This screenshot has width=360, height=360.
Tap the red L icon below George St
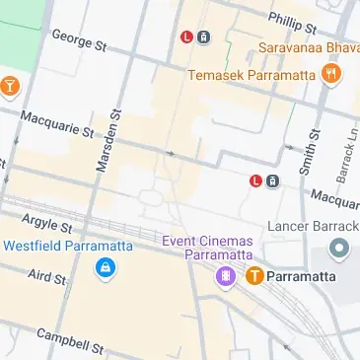click(x=185, y=38)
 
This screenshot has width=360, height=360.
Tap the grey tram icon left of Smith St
click(x=272, y=180)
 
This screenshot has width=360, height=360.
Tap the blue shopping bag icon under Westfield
click(x=103, y=268)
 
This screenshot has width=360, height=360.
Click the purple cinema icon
click(x=227, y=275)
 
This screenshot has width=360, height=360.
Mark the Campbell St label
click(x=70, y=341)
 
